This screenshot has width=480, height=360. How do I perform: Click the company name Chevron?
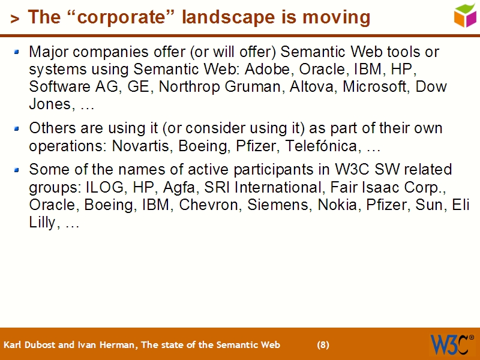[209, 204]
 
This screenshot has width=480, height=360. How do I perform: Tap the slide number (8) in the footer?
[323, 345]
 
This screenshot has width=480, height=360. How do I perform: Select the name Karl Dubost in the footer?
[27, 345]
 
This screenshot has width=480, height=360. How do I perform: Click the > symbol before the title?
[15, 19]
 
